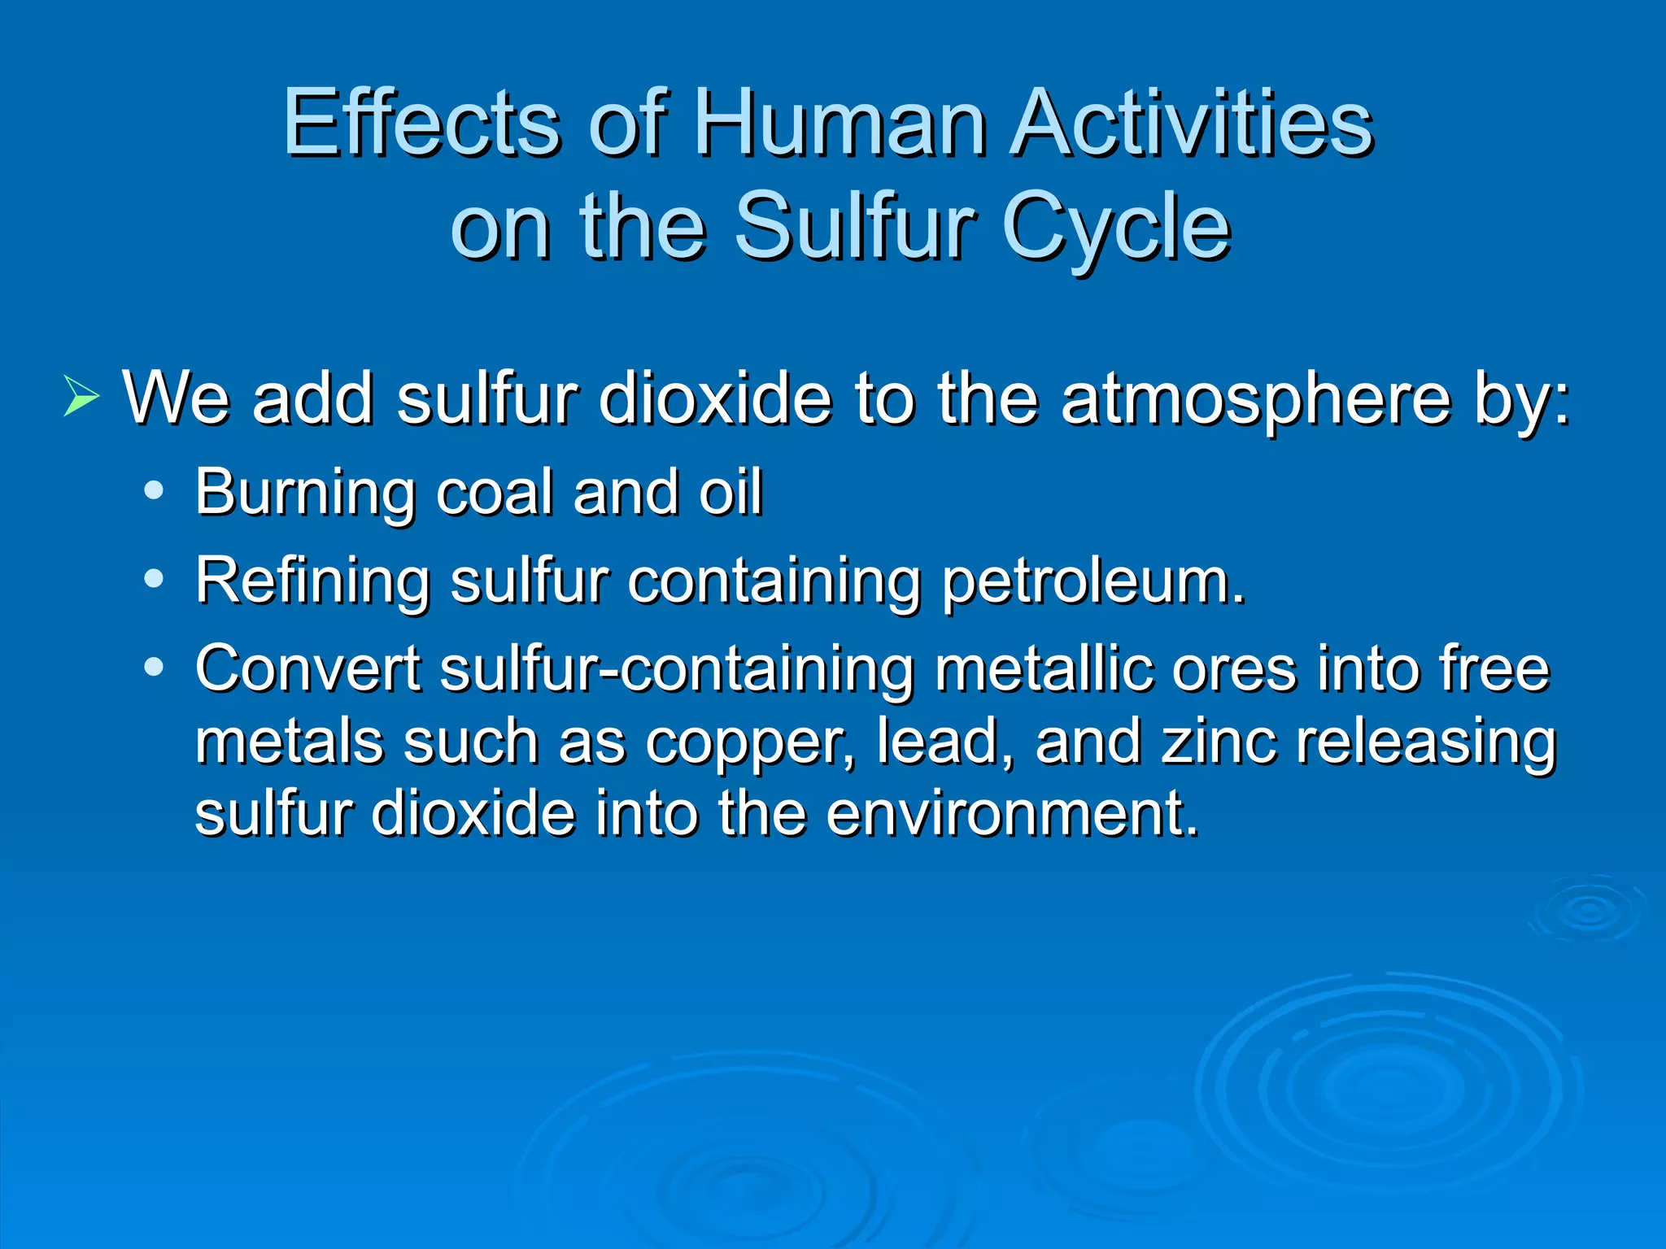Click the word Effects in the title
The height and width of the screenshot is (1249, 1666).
click(x=422, y=124)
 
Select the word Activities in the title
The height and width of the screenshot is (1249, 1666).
click(x=1192, y=124)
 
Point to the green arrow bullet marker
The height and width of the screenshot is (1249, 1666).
click(x=81, y=398)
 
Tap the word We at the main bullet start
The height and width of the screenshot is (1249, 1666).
click(x=176, y=398)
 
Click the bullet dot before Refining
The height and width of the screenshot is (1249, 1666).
click(x=153, y=579)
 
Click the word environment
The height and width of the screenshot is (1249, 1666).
click(x=1012, y=813)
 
